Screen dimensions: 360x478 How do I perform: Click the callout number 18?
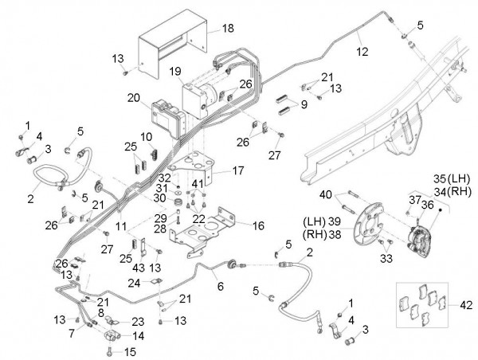[228, 28]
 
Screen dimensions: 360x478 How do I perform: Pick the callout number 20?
[134, 98]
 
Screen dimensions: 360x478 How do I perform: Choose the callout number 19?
[174, 72]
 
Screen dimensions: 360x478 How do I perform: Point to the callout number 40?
[325, 194]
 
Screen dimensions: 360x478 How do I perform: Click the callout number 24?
[135, 282]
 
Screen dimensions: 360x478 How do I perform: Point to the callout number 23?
[137, 322]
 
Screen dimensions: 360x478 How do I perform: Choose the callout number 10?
[147, 137]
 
